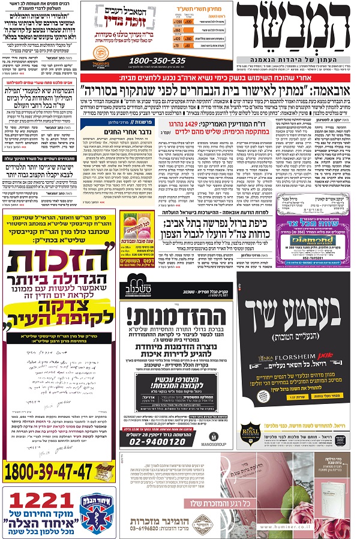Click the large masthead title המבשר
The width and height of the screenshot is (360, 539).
(x=294, y=37)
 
